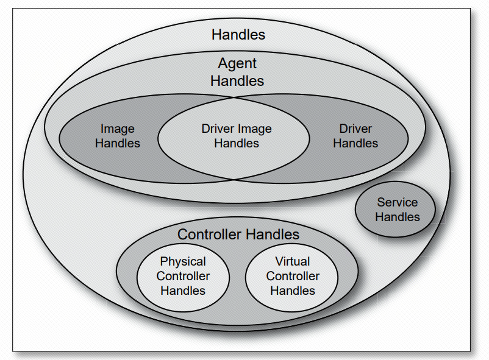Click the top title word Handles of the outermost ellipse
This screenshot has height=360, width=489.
238,35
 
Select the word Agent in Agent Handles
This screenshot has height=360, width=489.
237,63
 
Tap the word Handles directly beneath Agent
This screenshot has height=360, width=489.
237,80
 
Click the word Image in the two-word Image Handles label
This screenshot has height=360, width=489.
117,129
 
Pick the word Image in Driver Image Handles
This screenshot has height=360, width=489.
255,129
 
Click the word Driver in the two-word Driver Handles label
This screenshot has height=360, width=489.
355,129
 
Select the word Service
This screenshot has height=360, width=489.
398,202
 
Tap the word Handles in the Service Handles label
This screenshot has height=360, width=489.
398,217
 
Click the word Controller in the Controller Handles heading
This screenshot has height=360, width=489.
209,235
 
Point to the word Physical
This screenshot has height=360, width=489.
183,261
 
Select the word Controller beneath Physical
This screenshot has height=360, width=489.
183,276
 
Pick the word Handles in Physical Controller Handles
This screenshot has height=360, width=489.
183,291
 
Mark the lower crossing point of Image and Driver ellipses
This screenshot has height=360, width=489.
234,180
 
